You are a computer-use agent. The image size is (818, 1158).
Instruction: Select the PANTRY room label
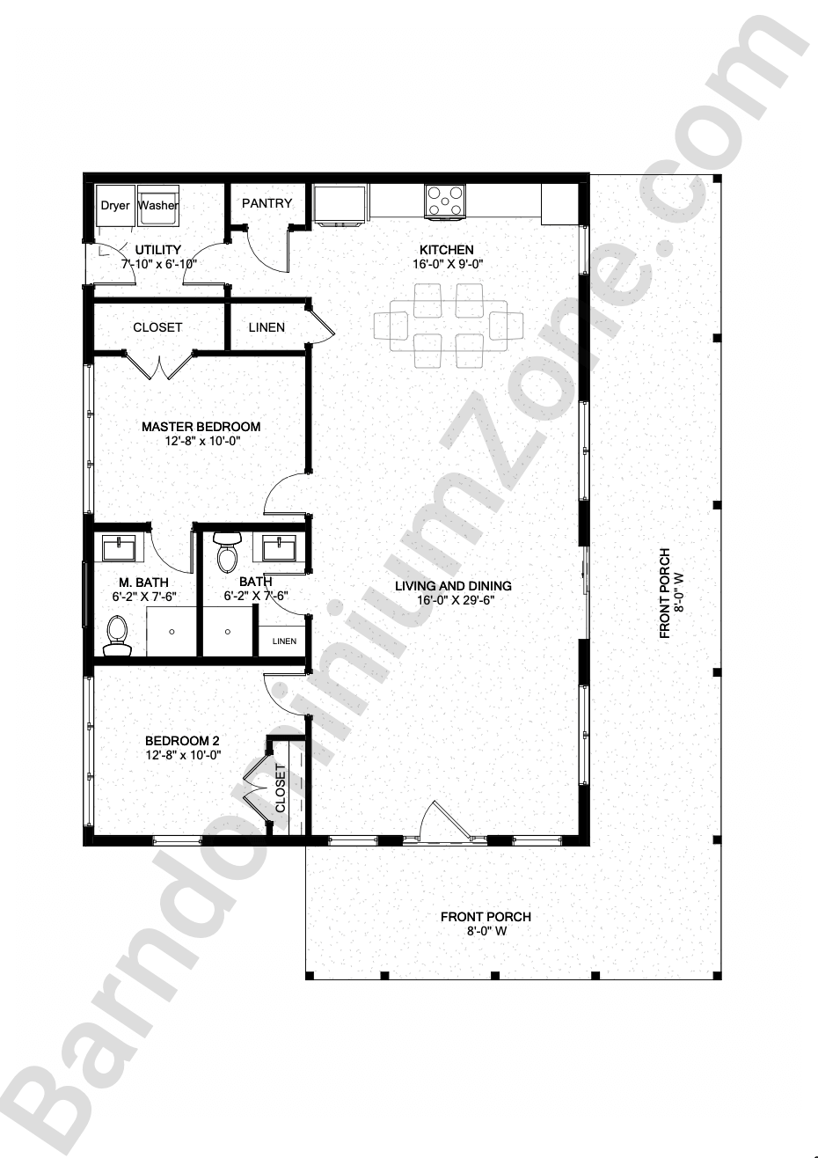267,203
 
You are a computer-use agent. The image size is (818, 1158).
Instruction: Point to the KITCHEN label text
446,250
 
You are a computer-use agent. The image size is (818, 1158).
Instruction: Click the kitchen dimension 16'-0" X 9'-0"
447,264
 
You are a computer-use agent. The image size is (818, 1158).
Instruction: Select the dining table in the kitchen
449,325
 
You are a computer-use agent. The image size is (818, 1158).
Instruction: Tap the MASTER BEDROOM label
201,427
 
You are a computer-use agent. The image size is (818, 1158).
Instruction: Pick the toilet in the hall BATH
227,551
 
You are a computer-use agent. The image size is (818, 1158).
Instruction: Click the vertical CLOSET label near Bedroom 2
281,788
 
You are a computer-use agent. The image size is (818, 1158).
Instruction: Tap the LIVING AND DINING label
453,586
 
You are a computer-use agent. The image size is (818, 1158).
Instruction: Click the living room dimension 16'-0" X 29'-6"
453,601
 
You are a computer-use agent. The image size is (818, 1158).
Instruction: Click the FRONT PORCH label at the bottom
486,917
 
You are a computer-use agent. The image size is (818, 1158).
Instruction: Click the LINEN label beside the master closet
267,327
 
